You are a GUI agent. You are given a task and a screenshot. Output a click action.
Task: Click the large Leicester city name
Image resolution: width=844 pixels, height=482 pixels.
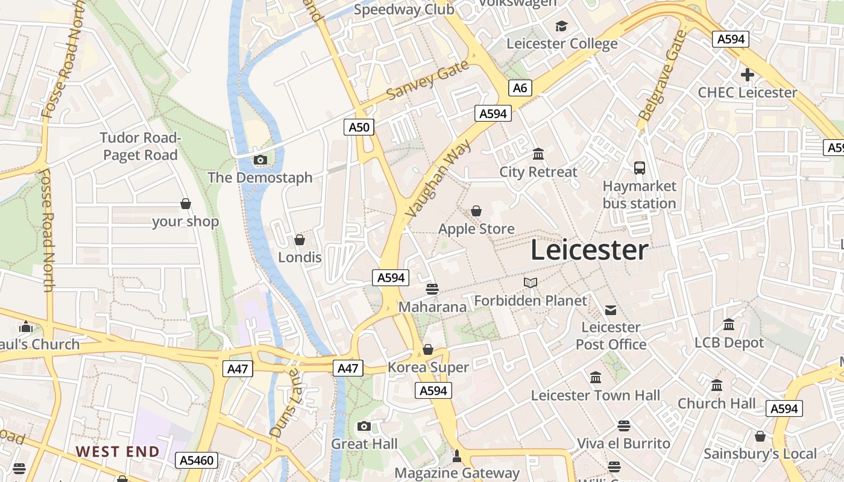pyautogui.click(x=590, y=250)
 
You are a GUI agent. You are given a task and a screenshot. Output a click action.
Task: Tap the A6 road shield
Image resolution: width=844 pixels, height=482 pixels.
pyautogui.click(x=520, y=88)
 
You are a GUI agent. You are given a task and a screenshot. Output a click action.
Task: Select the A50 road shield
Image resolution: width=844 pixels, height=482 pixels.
pyautogui.click(x=359, y=127)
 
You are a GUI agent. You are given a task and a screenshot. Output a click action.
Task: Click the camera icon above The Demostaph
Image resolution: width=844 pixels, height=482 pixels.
pyautogui.click(x=260, y=160)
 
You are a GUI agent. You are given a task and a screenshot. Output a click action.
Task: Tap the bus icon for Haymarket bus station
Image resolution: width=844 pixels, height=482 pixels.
pyautogui.click(x=640, y=168)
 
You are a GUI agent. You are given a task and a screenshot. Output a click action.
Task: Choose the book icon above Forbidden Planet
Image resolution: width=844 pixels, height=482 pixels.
pyautogui.click(x=531, y=283)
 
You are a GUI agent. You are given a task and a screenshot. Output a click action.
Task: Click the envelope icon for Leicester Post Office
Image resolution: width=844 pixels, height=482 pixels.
pyautogui.click(x=611, y=310)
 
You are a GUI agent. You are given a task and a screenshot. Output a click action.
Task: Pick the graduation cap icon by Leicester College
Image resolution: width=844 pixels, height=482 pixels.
pyautogui.click(x=562, y=26)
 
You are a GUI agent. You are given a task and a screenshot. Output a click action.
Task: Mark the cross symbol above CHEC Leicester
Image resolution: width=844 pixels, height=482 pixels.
pyautogui.click(x=748, y=75)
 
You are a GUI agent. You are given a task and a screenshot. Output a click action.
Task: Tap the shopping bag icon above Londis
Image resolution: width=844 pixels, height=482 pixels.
pyautogui.click(x=300, y=240)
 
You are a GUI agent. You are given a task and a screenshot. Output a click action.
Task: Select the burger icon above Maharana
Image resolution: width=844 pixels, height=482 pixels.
pyautogui.click(x=432, y=289)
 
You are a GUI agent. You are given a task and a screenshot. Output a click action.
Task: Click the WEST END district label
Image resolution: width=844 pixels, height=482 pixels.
pyautogui.click(x=118, y=451)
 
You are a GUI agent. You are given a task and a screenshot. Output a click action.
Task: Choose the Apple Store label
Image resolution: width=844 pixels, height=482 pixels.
pyautogui.click(x=476, y=229)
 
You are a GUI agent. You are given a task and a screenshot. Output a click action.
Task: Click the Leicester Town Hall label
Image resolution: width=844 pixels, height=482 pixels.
pyautogui.click(x=595, y=396)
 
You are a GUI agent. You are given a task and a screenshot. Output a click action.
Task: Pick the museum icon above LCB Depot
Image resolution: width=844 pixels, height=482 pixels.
pyautogui.click(x=729, y=325)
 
